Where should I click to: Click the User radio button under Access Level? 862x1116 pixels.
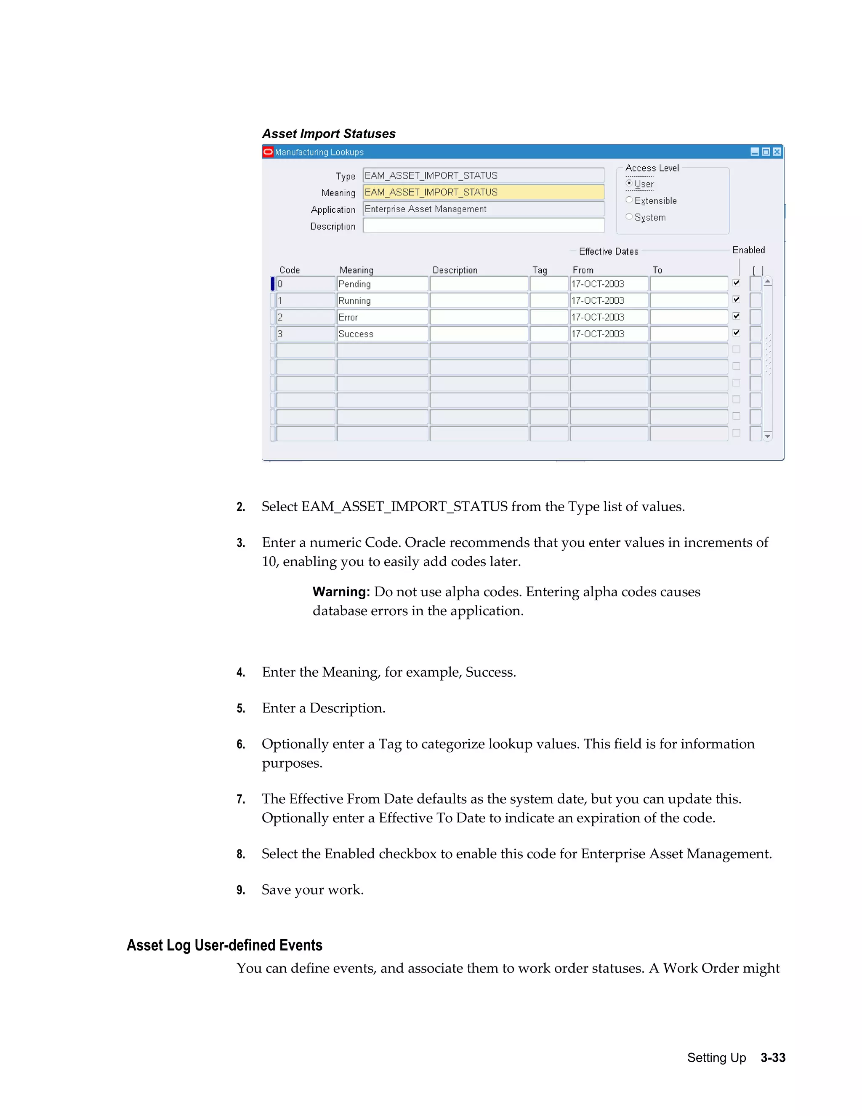(x=629, y=184)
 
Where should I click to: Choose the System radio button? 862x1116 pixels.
(x=629, y=216)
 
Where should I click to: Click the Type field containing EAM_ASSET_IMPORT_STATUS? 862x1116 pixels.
(x=483, y=175)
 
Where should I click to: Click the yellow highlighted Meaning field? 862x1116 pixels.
(x=483, y=192)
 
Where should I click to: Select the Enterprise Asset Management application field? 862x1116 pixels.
(x=483, y=209)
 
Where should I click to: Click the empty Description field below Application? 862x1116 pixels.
(x=483, y=226)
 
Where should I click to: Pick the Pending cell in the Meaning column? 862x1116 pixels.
(x=382, y=284)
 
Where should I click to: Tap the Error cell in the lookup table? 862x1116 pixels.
(x=382, y=318)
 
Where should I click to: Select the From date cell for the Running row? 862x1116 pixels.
(x=608, y=300)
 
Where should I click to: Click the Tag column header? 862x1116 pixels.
(x=539, y=270)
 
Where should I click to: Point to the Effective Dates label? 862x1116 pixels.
(x=608, y=251)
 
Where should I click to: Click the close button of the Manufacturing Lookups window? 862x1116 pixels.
(x=777, y=152)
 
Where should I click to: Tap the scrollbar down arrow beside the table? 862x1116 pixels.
(x=768, y=436)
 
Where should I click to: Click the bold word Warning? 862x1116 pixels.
(x=341, y=592)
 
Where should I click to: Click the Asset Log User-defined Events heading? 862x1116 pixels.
(x=224, y=945)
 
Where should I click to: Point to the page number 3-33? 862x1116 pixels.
(x=773, y=1058)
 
